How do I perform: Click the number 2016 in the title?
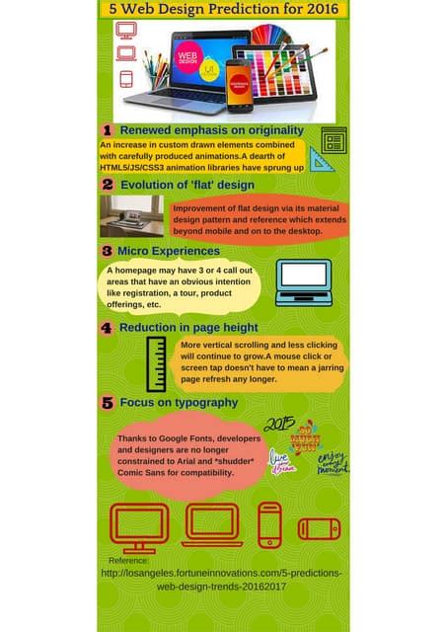pyautogui.click(x=318, y=9)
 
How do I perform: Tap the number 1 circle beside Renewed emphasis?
pyautogui.click(x=108, y=130)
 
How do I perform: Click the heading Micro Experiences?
pyautogui.click(x=168, y=251)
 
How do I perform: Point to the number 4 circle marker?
pyautogui.click(x=108, y=327)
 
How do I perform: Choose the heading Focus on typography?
pyautogui.click(x=179, y=402)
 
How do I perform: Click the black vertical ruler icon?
pyautogui.click(x=156, y=364)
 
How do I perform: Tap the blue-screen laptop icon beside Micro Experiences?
pyautogui.click(x=303, y=281)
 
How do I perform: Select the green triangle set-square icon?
pyautogui.click(x=322, y=159)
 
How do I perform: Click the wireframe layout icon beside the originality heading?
pyautogui.click(x=335, y=140)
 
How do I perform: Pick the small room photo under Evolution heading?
pyautogui.click(x=131, y=215)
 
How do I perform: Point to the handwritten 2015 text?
pyautogui.click(x=280, y=424)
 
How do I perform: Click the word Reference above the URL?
pyautogui.click(x=128, y=560)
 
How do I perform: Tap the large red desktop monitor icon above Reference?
pyautogui.click(x=139, y=527)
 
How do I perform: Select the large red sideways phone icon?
pyautogui.click(x=319, y=529)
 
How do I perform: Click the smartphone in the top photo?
pyautogui.click(x=239, y=85)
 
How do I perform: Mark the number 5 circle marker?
pyautogui.click(x=108, y=403)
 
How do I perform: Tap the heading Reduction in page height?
pyautogui.click(x=188, y=327)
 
